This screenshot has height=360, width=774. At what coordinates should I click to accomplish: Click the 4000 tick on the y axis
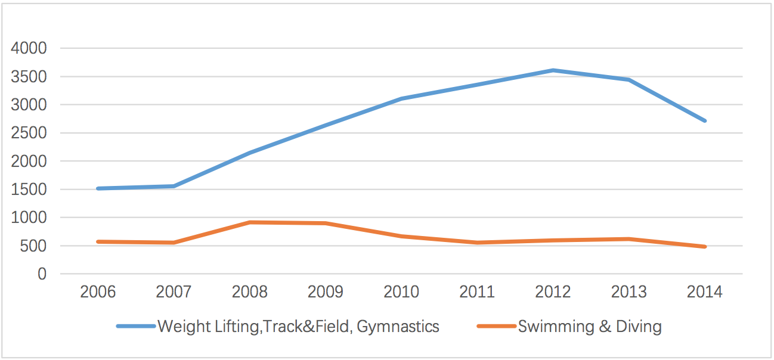[x=29, y=48]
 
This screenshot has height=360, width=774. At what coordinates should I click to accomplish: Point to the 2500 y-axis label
[x=29, y=133]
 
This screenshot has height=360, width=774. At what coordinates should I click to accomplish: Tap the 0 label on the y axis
[x=42, y=274]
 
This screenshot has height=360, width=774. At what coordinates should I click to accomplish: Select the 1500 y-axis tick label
[x=29, y=190]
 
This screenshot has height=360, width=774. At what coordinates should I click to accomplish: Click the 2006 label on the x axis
[x=98, y=292]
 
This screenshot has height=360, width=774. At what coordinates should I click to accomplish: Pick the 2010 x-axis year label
[x=401, y=292]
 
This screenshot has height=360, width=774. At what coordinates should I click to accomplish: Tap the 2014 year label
[x=705, y=292]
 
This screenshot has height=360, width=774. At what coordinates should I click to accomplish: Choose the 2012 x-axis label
[x=553, y=292]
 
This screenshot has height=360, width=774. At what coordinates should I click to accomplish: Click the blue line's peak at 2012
[x=553, y=70]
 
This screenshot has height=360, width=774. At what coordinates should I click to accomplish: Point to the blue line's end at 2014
[x=705, y=121]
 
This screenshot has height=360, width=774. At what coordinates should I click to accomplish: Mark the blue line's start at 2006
[x=98, y=188]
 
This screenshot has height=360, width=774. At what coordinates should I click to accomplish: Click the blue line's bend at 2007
[x=174, y=186]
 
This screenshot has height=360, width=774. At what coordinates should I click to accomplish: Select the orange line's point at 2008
[x=250, y=222]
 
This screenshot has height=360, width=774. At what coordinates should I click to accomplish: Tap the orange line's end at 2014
[x=705, y=247]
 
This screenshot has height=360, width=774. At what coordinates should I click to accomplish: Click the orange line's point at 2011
[x=477, y=243]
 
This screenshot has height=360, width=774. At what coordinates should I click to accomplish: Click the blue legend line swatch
[x=136, y=326]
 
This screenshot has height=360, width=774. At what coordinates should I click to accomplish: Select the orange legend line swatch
[x=497, y=326]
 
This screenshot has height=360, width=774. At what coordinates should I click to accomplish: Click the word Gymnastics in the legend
[x=398, y=327]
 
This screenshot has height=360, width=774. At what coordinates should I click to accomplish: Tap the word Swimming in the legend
[x=556, y=327]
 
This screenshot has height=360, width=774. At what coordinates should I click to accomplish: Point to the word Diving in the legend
[x=639, y=327]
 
